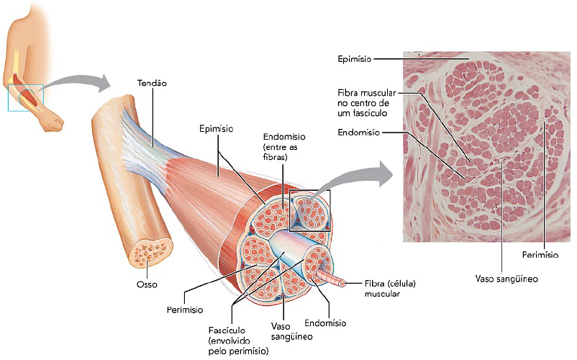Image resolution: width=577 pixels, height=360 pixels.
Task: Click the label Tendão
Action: (x=152, y=83)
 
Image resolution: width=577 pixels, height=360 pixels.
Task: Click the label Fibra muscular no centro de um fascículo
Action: (x=365, y=103)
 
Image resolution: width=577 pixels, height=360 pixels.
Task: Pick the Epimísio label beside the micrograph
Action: (x=354, y=58)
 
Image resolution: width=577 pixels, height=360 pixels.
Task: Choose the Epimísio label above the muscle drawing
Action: (x=214, y=129)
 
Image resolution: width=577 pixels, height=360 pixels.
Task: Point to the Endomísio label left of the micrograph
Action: (x=358, y=132)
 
